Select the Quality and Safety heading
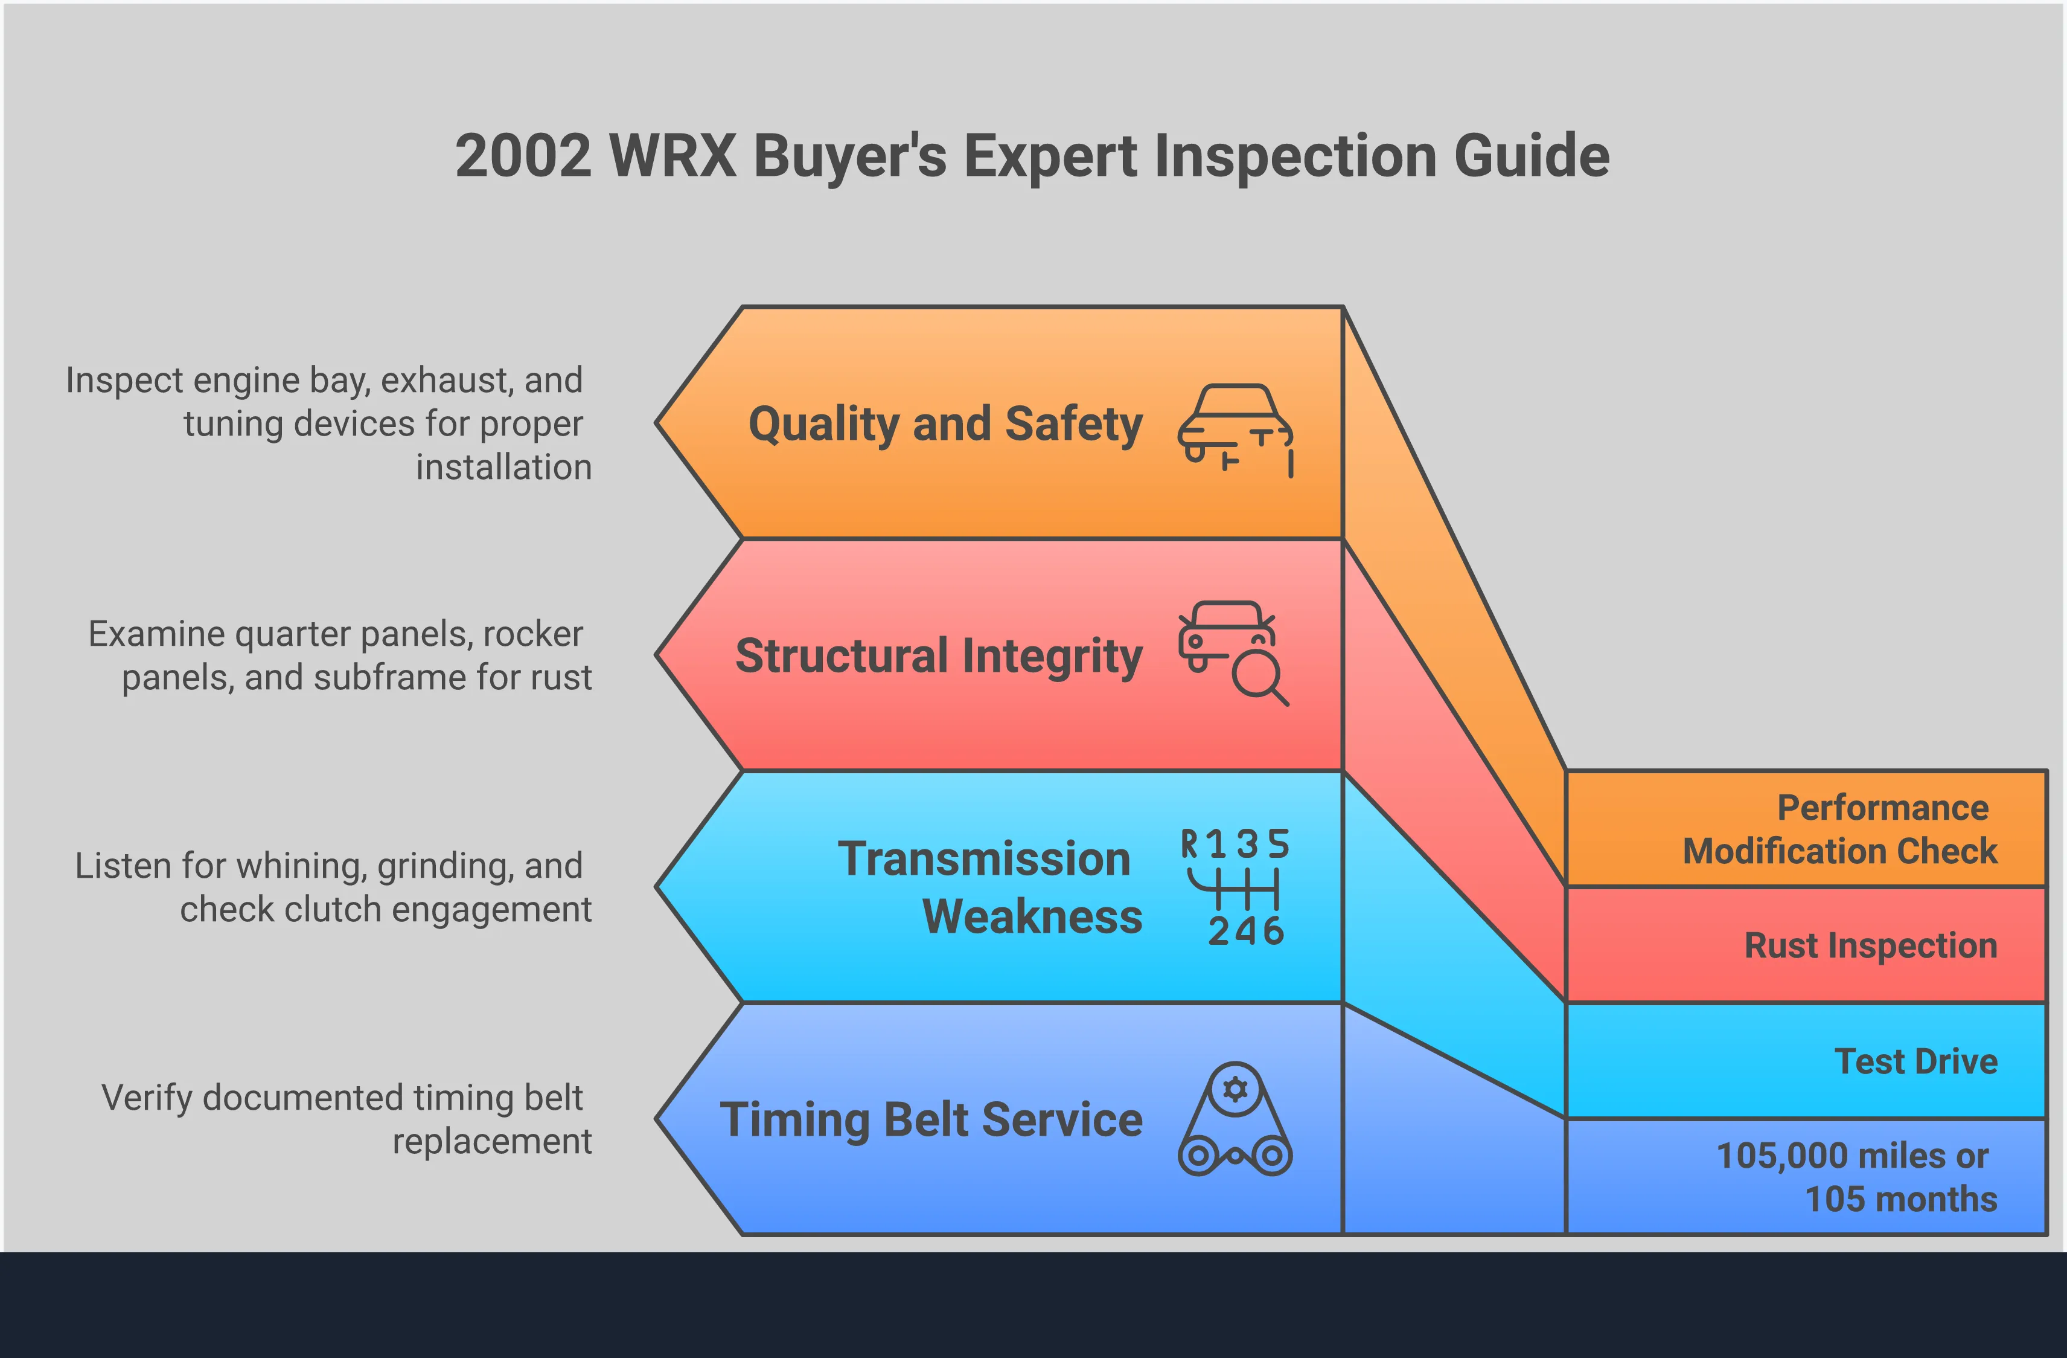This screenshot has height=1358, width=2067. tap(945, 424)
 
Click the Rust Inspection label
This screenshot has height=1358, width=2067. tap(1871, 945)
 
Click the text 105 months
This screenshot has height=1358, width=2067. tap(1900, 1199)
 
